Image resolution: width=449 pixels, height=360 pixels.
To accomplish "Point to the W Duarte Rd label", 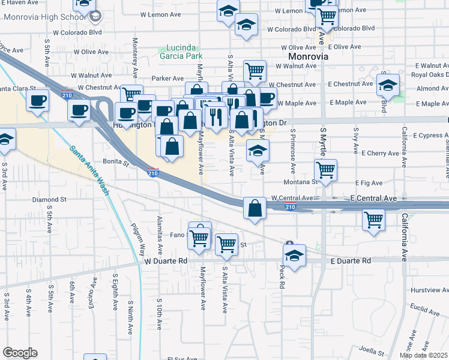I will tap(166, 261).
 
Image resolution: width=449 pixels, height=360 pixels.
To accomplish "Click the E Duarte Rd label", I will tap(351, 261).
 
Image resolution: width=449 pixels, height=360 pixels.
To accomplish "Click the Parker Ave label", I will tap(167, 78).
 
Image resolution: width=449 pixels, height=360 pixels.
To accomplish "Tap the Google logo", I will tap(20, 353).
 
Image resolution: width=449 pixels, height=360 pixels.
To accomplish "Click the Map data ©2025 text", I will tap(424, 355).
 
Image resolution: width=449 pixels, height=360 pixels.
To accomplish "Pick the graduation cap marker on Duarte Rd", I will tap(294, 255).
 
